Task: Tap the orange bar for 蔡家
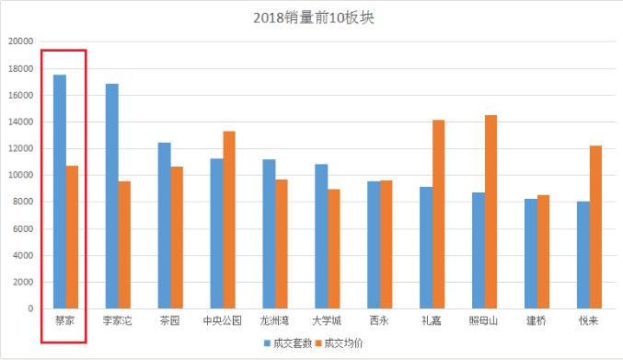click(72, 237)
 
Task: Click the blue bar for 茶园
click(164, 226)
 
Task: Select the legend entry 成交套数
click(285, 343)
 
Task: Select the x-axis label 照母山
click(485, 321)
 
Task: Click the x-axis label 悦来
click(590, 321)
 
